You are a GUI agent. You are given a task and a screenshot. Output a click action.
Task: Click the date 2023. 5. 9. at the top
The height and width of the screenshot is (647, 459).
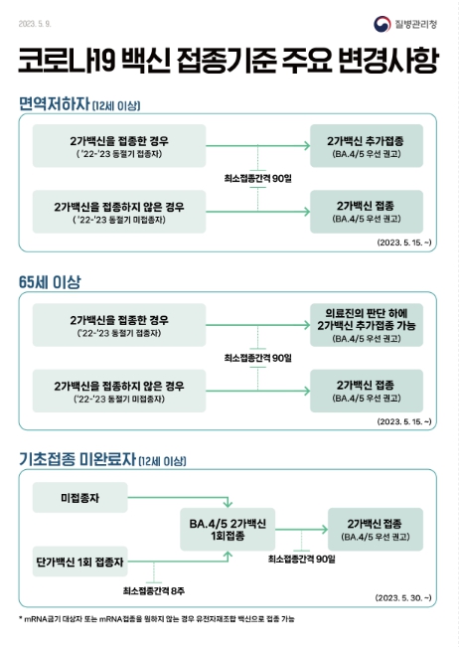click(x=35, y=24)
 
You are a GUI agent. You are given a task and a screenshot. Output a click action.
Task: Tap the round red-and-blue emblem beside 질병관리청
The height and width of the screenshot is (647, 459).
click(x=382, y=24)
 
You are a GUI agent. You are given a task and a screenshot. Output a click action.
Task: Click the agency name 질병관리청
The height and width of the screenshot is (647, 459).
click(x=415, y=24)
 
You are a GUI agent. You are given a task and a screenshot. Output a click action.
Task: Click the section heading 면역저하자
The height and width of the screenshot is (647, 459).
click(x=54, y=103)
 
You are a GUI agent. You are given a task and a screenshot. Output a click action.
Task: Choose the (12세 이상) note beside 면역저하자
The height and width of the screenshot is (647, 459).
click(x=116, y=105)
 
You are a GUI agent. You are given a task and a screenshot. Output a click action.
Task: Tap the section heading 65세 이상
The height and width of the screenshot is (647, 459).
click(x=50, y=282)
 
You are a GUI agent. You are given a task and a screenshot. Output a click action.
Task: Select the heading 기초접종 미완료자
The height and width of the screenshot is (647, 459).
click(x=77, y=459)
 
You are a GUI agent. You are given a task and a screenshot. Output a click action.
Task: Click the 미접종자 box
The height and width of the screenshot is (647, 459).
click(x=80, y=498)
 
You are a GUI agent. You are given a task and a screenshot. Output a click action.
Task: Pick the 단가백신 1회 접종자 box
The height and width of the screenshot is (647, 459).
click(x=80, y=562)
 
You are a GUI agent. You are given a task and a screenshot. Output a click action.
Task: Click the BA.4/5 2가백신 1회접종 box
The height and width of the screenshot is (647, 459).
click(x=228, y=530)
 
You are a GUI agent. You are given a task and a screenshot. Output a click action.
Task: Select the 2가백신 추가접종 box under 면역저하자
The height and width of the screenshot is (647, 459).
click(x=367, y=146)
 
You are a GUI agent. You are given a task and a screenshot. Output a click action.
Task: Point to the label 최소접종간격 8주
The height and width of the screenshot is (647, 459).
click(x=153, y=591)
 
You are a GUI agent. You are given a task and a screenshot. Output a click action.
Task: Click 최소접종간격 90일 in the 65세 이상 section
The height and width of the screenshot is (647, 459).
click(x=257, y=358)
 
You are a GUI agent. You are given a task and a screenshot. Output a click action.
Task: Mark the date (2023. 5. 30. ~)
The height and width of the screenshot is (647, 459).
click(x=403, y=598)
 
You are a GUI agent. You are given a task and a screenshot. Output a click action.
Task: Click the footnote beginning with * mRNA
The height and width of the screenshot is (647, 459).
click(x=157, y=619)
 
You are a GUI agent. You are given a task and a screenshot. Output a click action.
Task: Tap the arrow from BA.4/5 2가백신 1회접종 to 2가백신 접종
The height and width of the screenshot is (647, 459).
click(x=301, y=530)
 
